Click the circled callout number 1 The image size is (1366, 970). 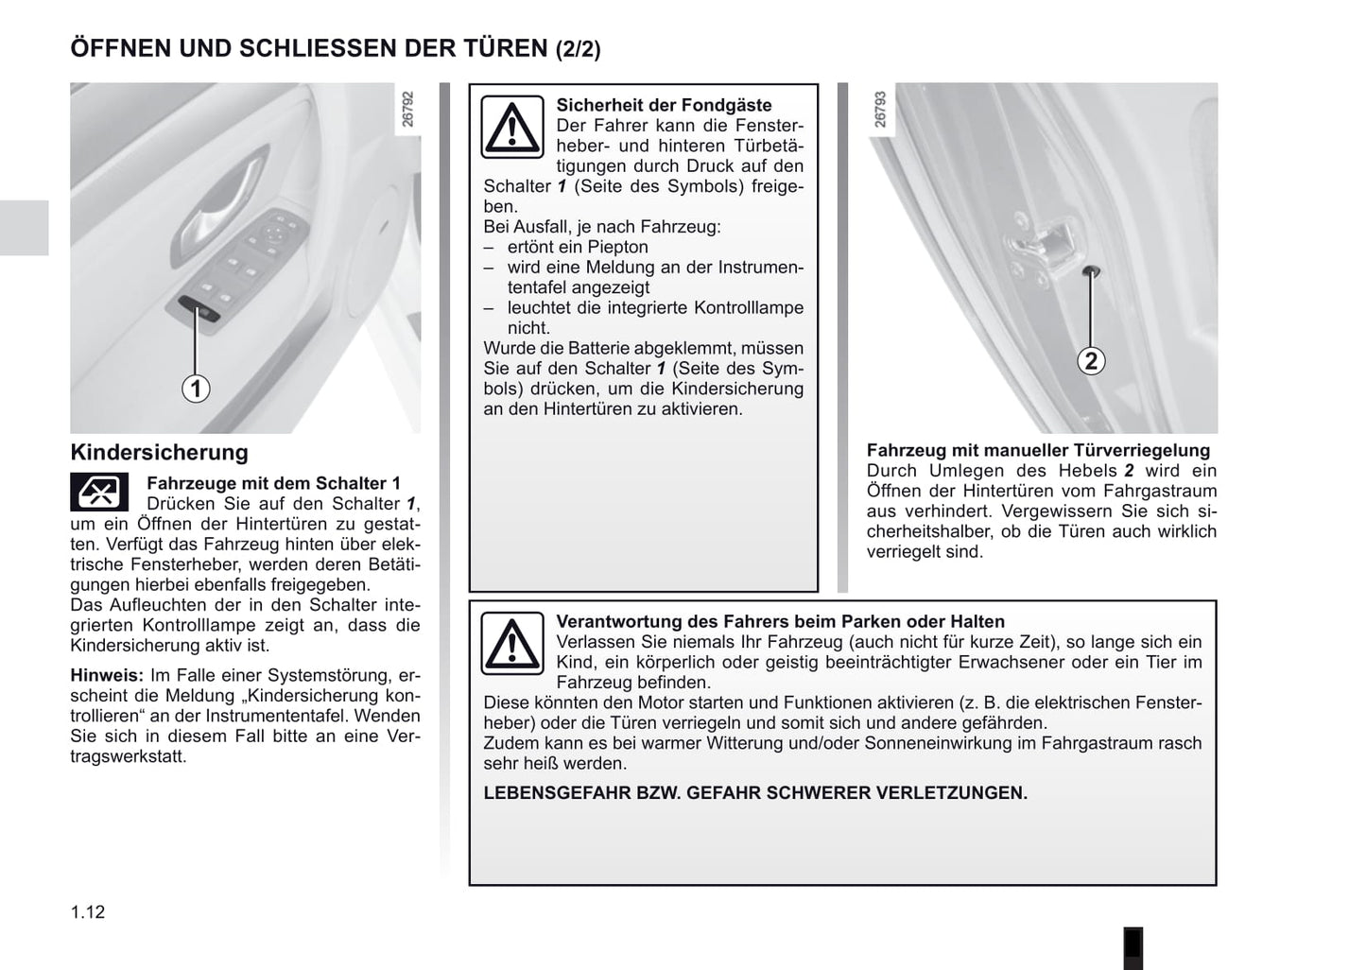point(196,389)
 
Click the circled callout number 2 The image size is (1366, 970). point(1091,360)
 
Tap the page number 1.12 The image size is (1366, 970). point(88,912)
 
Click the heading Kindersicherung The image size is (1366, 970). point(159,452)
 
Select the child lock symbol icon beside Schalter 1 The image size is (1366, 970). point(99,492)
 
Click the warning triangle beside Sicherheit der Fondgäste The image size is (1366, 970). point(512,127)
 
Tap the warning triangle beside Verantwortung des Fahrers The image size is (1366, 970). point(512,644)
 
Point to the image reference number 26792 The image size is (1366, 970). point(408,110)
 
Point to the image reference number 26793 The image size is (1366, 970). point(880,110)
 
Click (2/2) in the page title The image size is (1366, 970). point(579,49)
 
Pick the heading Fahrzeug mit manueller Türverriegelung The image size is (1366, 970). point(1038,450)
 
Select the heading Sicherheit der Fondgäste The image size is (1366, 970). point(665,105)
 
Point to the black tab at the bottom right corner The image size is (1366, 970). point(1133,948)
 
